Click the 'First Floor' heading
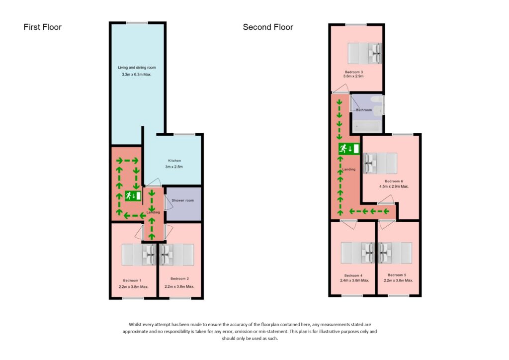point(42,27)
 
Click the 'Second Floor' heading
point(268,27)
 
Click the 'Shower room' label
point(182,200)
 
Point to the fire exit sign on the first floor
point(133,195)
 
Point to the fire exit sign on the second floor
point(349,148)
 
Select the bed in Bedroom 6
point(381,163)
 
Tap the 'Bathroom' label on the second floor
point(364,110)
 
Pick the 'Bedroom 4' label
point(354,275)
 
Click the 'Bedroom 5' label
point(397,275)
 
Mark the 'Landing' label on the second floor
point(349,170)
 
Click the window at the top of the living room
point(137,22)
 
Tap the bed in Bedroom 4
point(357,253)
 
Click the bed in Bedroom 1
point(139,255)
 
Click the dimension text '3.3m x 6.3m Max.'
point(136,75)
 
